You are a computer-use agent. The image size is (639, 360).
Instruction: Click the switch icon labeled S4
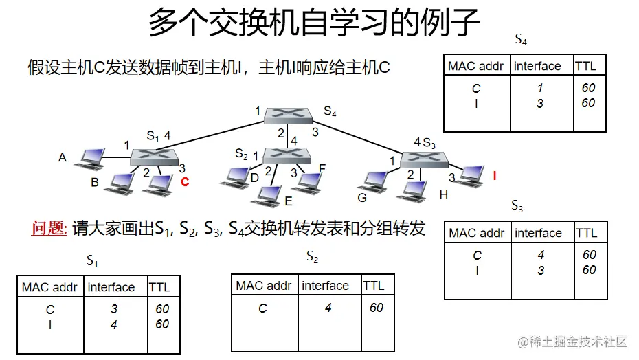pos(289,115)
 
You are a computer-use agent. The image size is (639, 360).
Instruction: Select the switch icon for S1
pos(155,157)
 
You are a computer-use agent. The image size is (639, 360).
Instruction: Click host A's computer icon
pos(89,159)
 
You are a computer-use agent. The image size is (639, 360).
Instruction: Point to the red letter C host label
pos(184,182)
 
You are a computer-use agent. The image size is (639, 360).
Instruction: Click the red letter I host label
pos(494,176)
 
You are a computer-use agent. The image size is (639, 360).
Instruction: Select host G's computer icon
pos(375,181)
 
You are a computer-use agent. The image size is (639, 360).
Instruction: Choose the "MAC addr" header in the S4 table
pos(475,66)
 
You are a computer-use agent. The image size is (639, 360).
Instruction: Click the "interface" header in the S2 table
pos(325,286)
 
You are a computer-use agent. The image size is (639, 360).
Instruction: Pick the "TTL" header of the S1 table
pos(159,287)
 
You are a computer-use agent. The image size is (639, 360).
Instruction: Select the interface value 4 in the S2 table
pos(328,308)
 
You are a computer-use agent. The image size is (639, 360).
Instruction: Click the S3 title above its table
pos(517,206)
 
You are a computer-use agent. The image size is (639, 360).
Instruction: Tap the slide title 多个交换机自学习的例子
pos(314,22)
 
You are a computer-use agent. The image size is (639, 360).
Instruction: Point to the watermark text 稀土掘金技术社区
pos(576,341)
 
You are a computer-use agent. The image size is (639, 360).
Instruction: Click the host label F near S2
pos(322,168)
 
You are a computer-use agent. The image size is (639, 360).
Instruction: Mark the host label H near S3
pos(443,195)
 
